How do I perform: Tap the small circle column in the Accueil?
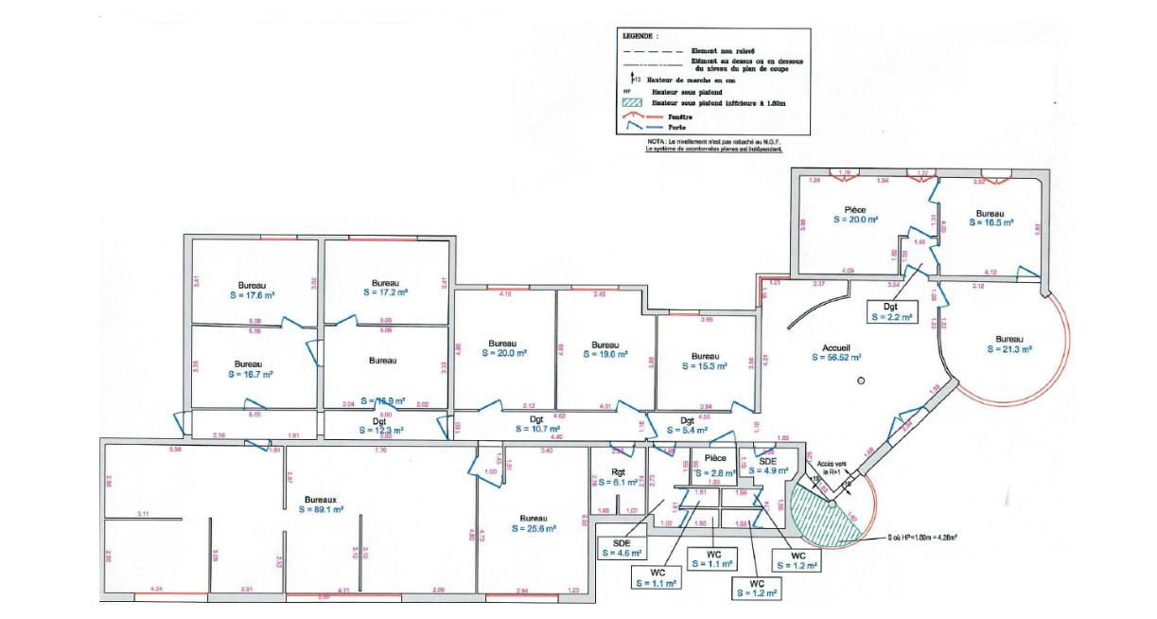860,380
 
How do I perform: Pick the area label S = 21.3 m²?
1009,349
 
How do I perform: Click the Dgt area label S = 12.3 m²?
379,430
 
